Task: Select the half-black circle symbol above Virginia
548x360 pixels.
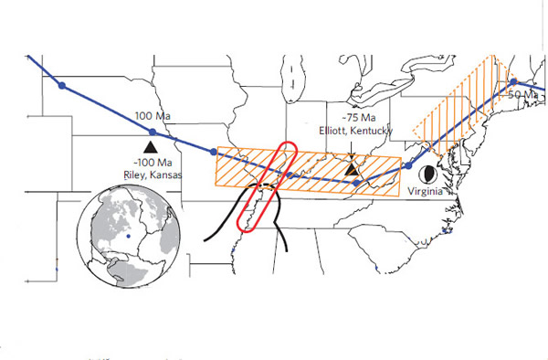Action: [x=426, y=173]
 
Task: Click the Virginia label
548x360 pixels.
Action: [x=426, y=193]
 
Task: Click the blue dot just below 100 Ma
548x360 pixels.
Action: [x=152, y=132]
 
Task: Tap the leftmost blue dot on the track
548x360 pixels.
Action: [x=62, y=86]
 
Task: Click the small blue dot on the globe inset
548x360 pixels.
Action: [x=129, y=235]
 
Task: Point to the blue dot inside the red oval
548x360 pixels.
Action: [x=289, y=175]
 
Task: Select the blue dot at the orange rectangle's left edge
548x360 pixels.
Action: [x=214, y=152]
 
